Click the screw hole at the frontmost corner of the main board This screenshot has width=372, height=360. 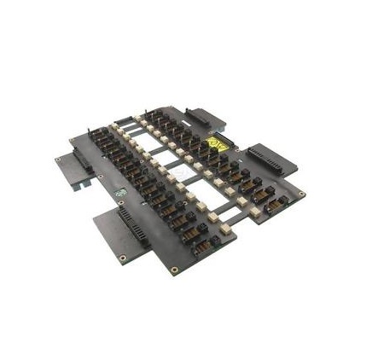coord(174,270)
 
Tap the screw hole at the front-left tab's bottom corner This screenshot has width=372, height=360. coord(122,257)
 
